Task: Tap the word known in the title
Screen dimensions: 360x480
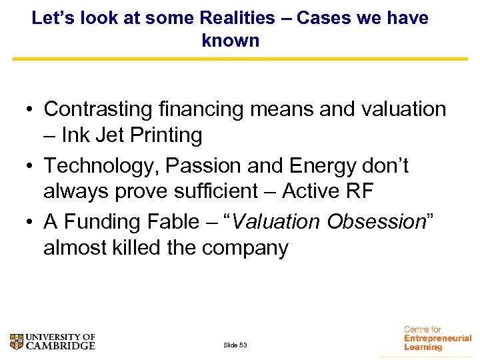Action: pos(230,41)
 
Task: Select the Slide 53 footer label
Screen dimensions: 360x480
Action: pos(235,345)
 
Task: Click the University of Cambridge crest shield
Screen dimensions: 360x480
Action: pos(17,342)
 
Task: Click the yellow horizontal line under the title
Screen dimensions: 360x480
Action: pos(240,59)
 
